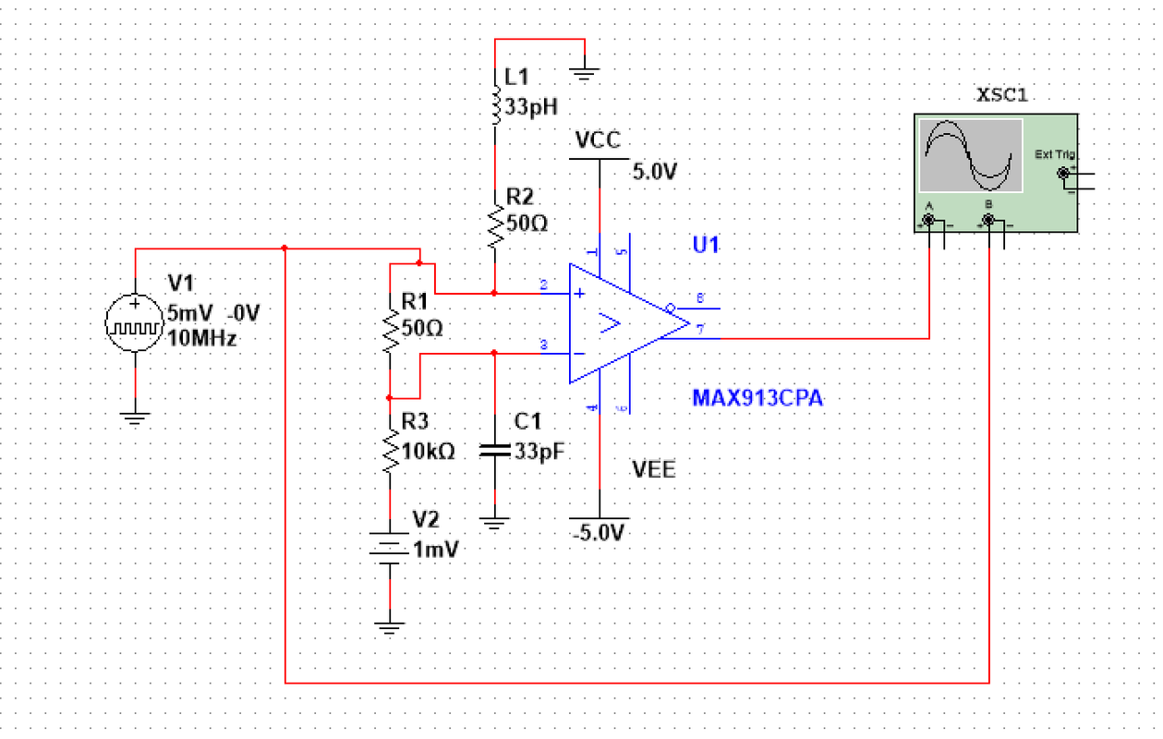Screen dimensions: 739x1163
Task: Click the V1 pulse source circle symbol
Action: coord(136,325)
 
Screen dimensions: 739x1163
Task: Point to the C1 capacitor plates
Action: coord(495,451)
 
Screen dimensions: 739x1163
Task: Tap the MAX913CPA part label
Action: coord(757,398)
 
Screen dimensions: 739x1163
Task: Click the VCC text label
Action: coord(598,140)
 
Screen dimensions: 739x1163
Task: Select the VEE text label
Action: coord(654,469)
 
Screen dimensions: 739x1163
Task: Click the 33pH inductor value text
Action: coord(532,104)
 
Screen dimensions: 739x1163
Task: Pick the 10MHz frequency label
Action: coord(203,336)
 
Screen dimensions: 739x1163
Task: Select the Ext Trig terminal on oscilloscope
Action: coord(1063,173)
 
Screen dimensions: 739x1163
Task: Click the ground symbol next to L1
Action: coord(584,68)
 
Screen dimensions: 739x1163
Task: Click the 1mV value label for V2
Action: coord(436,548)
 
